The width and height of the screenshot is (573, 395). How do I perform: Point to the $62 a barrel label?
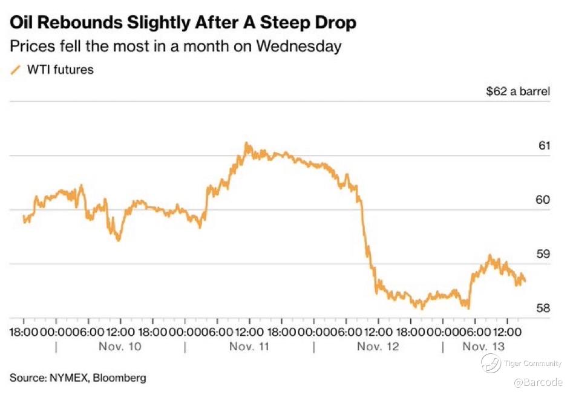[x=518, y=91]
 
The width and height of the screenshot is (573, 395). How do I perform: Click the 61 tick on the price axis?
[x=543, y=146]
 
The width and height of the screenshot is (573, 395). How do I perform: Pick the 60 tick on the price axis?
[x=543, y=200]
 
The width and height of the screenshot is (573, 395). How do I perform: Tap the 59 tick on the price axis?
[x=543, y=254]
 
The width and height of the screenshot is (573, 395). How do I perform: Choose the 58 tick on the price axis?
[x=543, y=308]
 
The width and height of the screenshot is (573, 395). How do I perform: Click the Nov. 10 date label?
[x=120, y=347]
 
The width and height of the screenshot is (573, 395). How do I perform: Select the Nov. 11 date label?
[x=249, y=347]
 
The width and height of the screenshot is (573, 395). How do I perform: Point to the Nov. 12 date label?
[x=378, y=347]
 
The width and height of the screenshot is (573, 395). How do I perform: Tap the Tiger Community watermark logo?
[x=491, y=363]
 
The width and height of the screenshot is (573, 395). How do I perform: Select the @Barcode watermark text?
[x=538, y=382]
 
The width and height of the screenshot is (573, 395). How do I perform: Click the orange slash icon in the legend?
[x=16, y=70]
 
